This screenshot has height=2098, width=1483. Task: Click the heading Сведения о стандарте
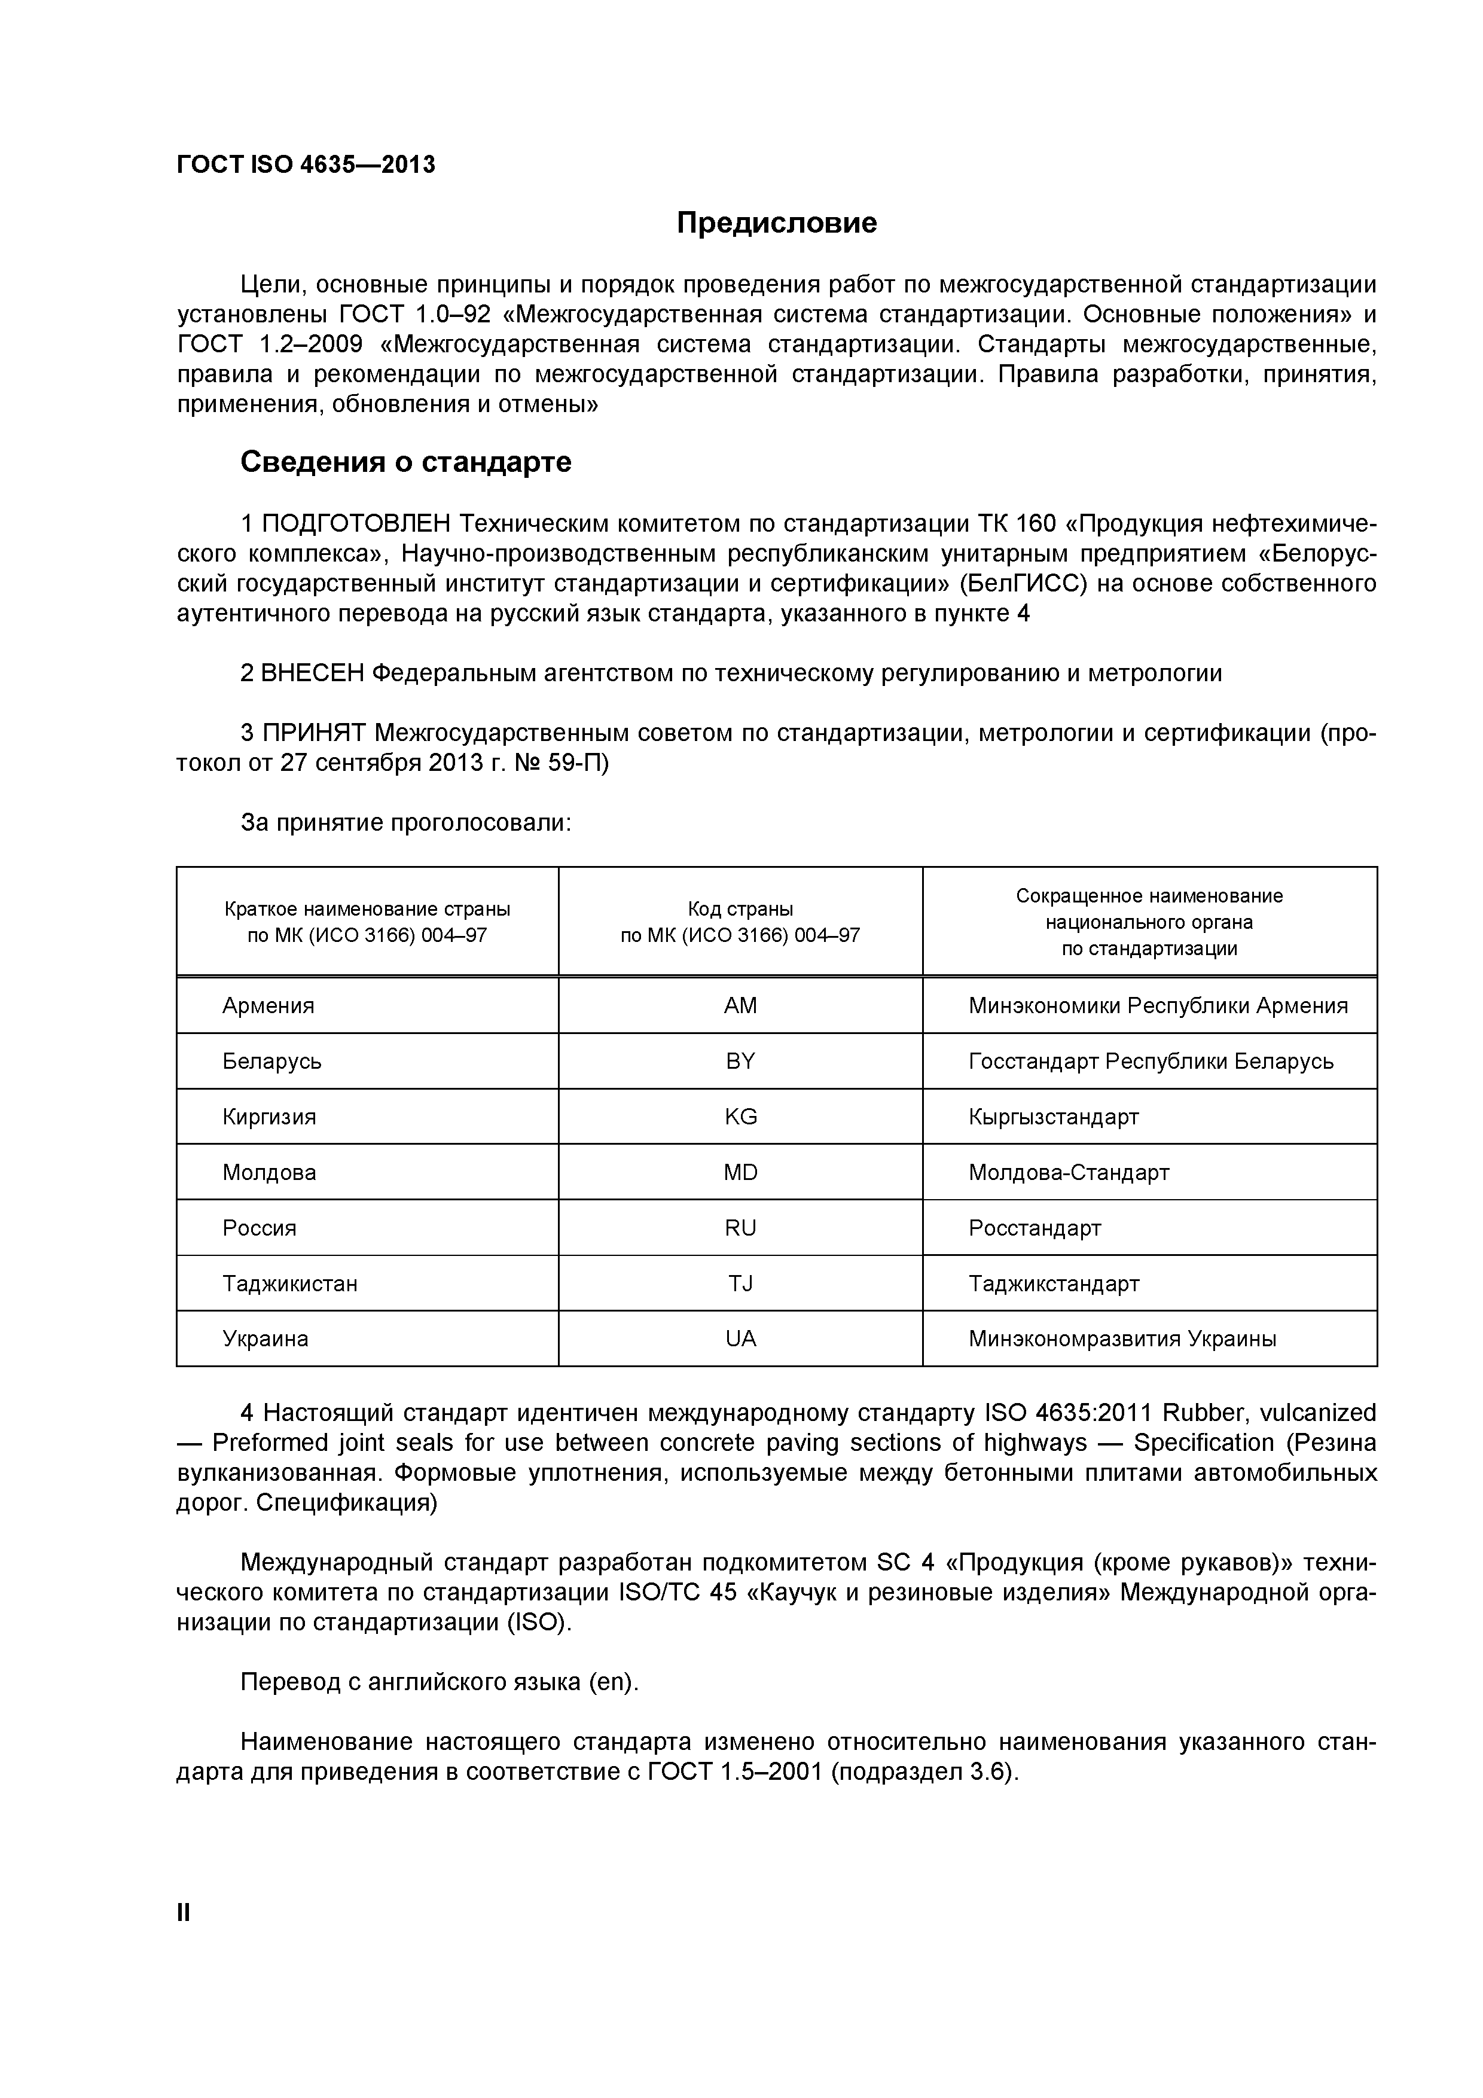(x=405, y=462)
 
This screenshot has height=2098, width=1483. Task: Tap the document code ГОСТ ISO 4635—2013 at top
(x=306, y=164)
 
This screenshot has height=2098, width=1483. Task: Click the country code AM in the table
(x=740, y=1006)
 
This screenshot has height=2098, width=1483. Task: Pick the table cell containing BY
(x=740, y=1061)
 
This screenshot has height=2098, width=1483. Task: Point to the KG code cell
(x=740, y=1117)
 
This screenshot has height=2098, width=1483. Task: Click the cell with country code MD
(x=740, y=1172)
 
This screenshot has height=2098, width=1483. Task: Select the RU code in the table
(x=740, y=1228)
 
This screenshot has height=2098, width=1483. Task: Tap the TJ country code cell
(x=740, y=1284)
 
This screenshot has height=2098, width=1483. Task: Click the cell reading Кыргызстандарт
(x=1054, y=1117)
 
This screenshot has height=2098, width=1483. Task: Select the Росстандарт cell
(x=1035, y=1228)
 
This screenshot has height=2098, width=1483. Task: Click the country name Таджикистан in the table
(x=289, y=1284)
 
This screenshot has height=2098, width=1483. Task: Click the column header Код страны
(x=740, y=909)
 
